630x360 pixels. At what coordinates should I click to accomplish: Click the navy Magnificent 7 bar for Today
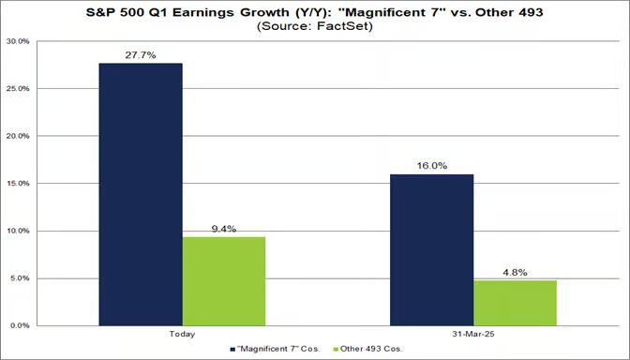pyautogui.click(x=142, y=194)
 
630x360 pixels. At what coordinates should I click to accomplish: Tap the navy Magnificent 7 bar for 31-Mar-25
pyautogui.click(x=432, y=249)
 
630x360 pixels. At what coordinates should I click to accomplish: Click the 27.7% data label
pyautogui.click(x=142, y=55)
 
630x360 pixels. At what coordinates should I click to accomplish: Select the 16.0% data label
pyautogui.click(x=432, y=165)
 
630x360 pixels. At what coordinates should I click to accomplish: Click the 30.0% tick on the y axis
pyautogui.click(x=17, y=42)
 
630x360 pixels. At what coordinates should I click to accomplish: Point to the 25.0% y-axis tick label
pyautogui.click(x=17, y=89)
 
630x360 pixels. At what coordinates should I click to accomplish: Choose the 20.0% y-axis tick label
pyautogui.click(x=17, y=136)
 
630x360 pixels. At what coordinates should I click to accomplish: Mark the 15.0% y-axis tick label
pyautogui.click(x=17, y=184)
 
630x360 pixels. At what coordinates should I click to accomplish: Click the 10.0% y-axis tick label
pyautogui.click(x=17, y=231)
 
